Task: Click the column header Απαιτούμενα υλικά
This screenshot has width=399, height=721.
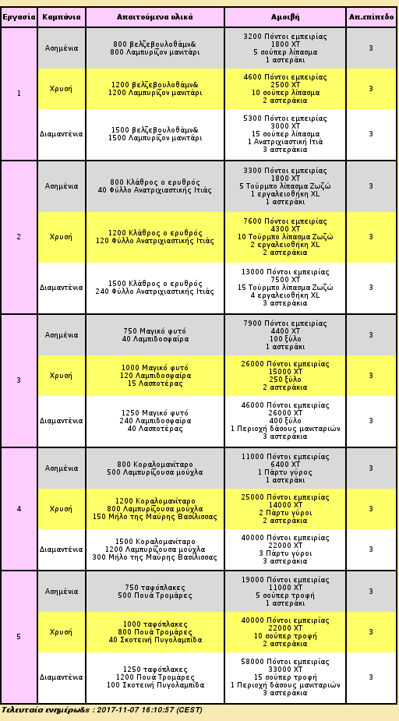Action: tap(155, 17)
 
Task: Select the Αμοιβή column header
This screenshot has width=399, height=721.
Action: tap(285, 17)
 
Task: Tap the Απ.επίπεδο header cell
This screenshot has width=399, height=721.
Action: tap(372, 17)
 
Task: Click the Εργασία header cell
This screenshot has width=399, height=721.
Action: tap(19, 17)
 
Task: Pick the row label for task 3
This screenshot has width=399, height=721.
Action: tap(19, 380)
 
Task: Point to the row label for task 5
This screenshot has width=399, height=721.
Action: tap(19, 637)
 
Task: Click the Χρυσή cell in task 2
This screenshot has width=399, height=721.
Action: tap(61, 237)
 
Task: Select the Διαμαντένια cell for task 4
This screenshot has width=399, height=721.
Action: tap(61, 550)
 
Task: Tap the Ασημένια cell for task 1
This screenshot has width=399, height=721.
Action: tap(62, 48)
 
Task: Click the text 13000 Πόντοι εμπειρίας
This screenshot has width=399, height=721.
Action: tap(285, 272)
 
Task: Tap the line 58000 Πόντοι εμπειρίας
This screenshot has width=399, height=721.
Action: tap(285, 662)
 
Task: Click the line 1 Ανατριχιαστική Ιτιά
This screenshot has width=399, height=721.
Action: tap(285, 142)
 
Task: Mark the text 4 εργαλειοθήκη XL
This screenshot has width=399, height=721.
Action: tap(285, 295)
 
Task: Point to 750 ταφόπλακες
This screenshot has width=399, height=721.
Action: tap(155, 588)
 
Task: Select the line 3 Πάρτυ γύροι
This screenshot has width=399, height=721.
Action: tap(285, 553)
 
